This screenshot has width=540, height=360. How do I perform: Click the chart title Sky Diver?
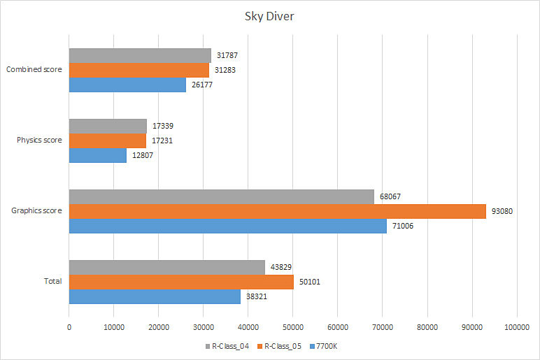click(x=269, y=16)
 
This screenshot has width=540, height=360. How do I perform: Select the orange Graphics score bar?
click(x=277, y=211)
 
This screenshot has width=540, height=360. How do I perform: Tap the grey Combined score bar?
click(x=140, y=55)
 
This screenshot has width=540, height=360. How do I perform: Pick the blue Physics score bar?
click(x=98, y=155)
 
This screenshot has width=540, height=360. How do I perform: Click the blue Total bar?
click(x=155, y=296)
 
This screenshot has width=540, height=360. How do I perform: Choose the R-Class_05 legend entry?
click(x=281, y=347)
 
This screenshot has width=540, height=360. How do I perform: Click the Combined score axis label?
click(x=34, y=69)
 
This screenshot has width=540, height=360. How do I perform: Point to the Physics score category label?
click(x=39, y=140)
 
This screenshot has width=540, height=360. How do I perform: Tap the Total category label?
click(x=52, y=282)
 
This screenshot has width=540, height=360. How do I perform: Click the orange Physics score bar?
click(x=108, y=141)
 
